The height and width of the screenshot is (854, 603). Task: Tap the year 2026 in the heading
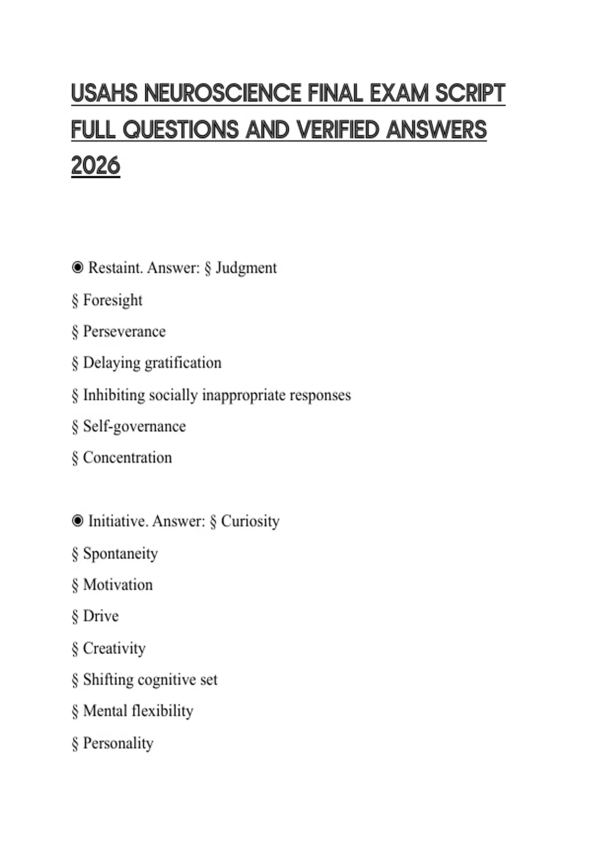pos(95,166)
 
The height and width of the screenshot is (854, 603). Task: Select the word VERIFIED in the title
pos(338,130)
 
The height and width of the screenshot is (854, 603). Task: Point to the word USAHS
pos(104,93)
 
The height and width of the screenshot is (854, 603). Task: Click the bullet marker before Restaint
pos(77,267)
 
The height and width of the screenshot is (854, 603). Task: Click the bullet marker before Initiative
pos(77,521)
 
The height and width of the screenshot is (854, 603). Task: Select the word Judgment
pos(246,268)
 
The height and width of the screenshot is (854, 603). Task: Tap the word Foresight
pos(113,300)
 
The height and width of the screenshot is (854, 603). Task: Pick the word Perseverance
pos(124,332)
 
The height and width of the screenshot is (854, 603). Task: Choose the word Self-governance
pos(134,426)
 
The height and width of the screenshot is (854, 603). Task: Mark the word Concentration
pos(127,458)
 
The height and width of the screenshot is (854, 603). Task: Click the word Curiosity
pos(250,521)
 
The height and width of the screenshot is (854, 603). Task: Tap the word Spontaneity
pos(120,554)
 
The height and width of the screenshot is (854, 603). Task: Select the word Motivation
pos(118,585)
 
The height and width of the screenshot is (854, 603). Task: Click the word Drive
pos(100,616)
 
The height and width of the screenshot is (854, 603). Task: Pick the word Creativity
pos(114,648)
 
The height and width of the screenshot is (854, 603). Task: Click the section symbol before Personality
pos(75,743)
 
